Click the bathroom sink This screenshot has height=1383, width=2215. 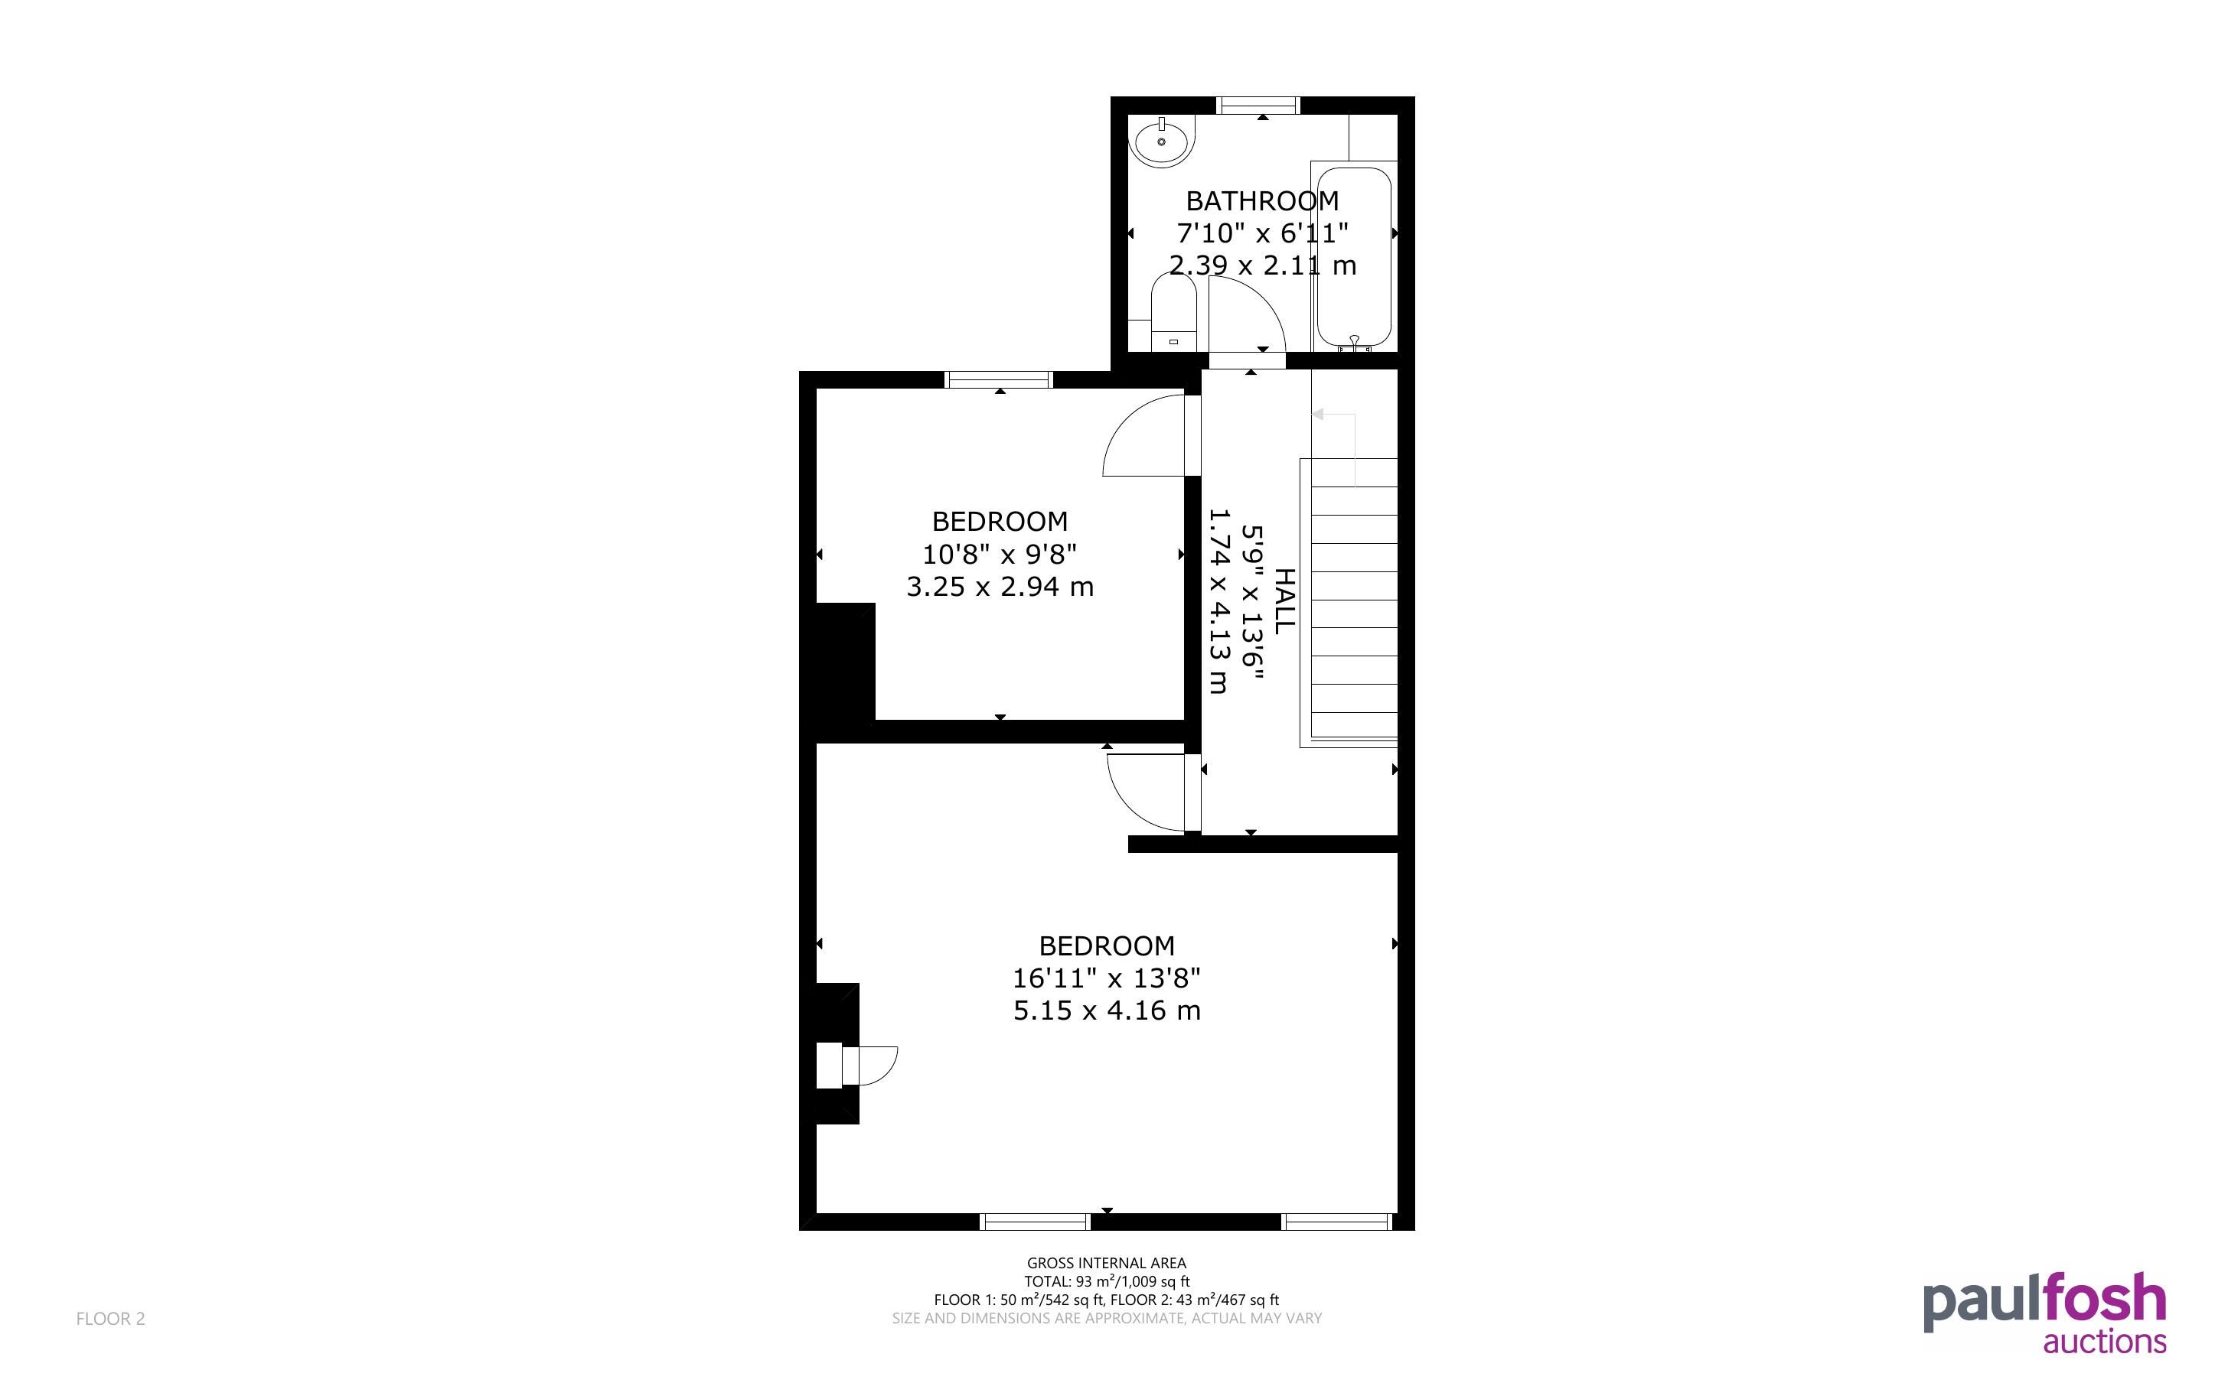click(1161, 142)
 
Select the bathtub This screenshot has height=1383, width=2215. click(1354, 256)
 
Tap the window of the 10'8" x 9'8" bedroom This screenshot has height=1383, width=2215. click(998, 379)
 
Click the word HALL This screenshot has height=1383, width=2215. click(1284, 601)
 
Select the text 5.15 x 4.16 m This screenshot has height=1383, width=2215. click(1106, 1010)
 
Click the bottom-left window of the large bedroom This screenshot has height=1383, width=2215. click(1035, 1221)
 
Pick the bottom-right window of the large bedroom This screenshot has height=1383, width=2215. click(1336, 1221)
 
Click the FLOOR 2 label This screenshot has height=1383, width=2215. click(109, 1318)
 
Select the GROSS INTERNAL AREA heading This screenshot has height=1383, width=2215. click(1106, 1263)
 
